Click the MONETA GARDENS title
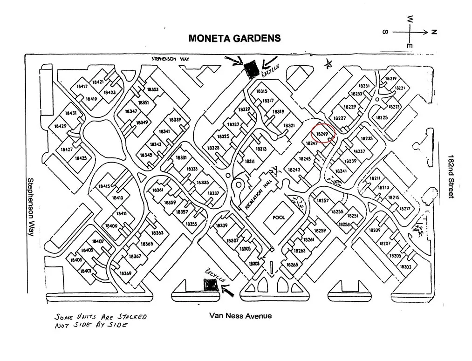[234, 38]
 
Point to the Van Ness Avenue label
[240, 316]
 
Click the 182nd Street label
[451, 177]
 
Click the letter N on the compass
[434, 32]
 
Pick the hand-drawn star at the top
[329, 64]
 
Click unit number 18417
[82, 87]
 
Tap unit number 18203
[405, 267]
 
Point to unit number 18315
[262, 91]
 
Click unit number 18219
[391, 79]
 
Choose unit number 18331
[181, 158]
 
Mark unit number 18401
[85, 271]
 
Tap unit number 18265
[292, 265]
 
